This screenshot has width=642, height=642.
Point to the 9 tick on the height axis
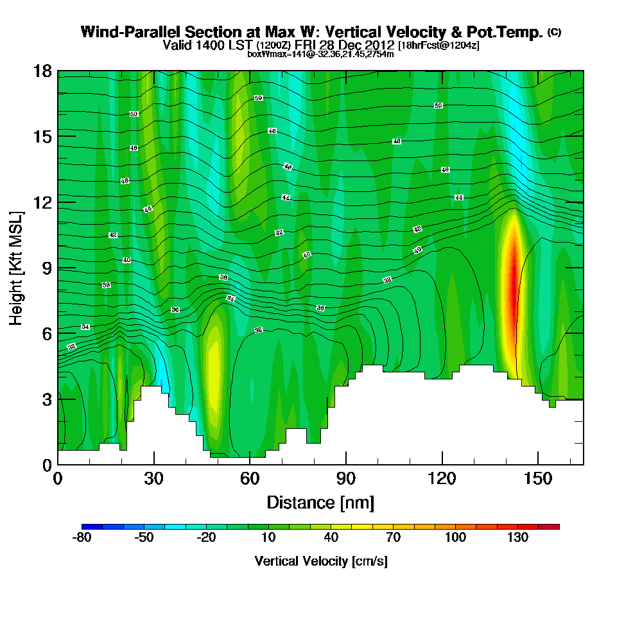pos(58,268)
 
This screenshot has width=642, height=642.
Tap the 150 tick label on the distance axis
pos(537,479)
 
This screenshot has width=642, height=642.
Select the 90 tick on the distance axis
pos(346,464)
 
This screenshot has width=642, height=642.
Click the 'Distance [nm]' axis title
pos(320,502)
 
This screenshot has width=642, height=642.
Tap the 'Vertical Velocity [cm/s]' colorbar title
pos(321,561)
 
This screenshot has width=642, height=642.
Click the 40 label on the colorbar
pos(331,538)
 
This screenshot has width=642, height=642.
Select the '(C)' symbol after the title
pos(554,32)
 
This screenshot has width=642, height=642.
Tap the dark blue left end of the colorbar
pos(87,526)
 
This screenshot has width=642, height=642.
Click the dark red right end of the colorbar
pos(554,526)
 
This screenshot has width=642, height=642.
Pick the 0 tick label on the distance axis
pos(58,479)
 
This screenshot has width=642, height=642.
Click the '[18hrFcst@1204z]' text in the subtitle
pos(438,46)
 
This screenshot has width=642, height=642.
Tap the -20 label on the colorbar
pos(206,538)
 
